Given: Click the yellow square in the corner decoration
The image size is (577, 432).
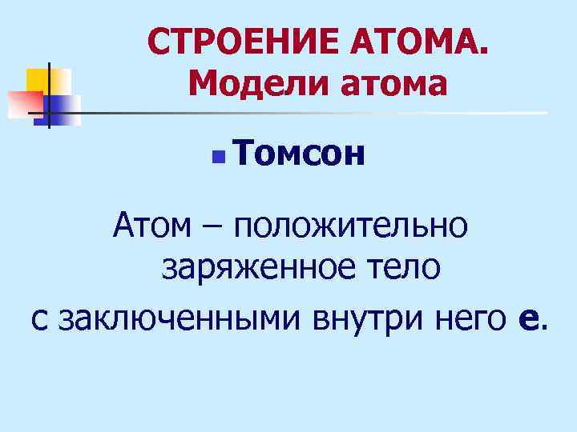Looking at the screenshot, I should click(x=40, y=80).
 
